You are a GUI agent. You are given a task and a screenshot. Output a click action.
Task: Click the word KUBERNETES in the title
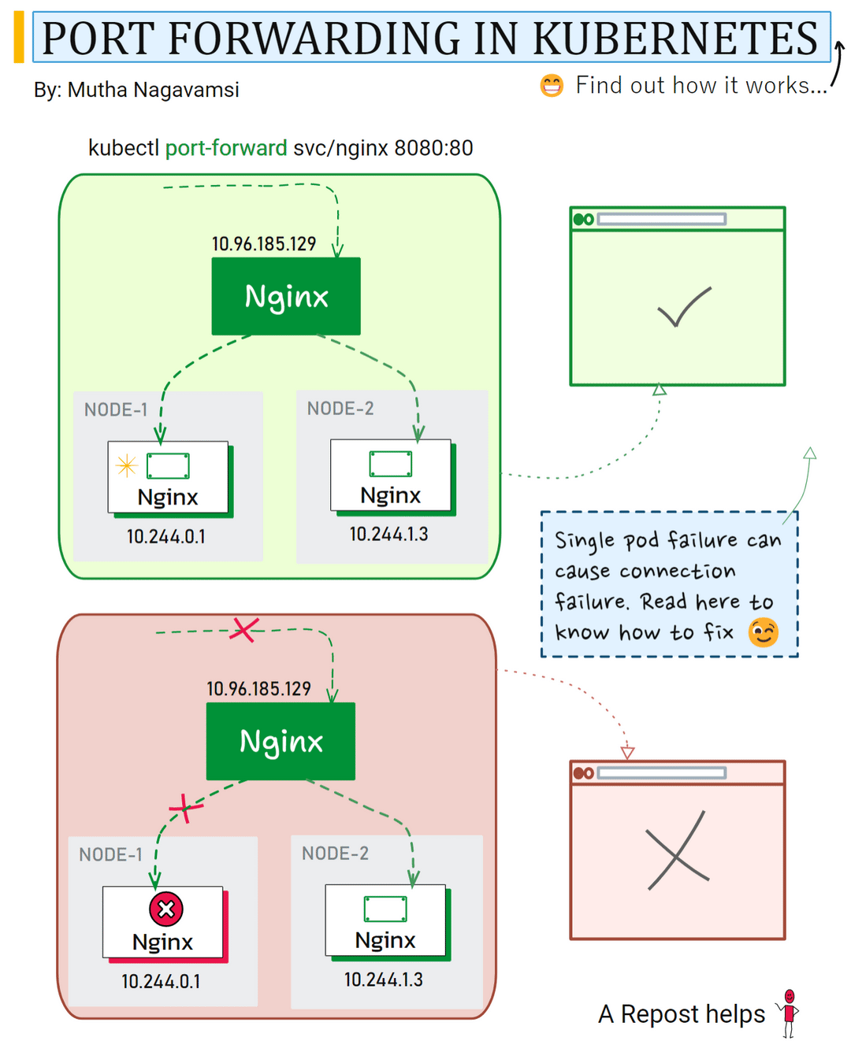click(675, 38)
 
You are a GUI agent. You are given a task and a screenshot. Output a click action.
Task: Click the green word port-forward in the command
click(225, 148)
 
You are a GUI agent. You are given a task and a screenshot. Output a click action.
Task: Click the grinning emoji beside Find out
click(552, 85)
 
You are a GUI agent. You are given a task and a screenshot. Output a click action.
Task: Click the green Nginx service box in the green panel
click(286, 296)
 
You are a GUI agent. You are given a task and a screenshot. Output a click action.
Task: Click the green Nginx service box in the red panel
click(281, 741)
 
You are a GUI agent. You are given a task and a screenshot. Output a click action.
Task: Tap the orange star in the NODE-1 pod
click(126, 465)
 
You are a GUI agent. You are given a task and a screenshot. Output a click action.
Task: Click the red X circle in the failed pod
click(166, 909)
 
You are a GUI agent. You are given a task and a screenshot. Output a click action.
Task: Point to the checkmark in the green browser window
click(683, 307)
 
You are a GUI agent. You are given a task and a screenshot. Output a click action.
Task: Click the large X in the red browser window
click(677, 851)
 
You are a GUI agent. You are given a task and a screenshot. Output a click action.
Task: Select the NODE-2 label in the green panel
click(340, 409)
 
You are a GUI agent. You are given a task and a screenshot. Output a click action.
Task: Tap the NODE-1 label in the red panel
click(110, 854)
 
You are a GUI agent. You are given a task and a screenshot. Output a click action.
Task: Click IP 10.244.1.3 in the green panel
click(388, 535)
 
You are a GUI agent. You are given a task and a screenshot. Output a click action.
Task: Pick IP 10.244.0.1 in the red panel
click(161, 982)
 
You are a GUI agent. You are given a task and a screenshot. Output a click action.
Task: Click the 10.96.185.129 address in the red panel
click(258, 689)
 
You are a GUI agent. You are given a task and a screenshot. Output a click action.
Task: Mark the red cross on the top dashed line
click(244, 629)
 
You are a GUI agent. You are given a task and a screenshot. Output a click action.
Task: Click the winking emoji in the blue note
click(763, 632)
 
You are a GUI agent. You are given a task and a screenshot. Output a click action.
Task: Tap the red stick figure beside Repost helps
click(789, 1013)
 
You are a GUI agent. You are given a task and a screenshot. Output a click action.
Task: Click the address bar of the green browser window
click(661, 219)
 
